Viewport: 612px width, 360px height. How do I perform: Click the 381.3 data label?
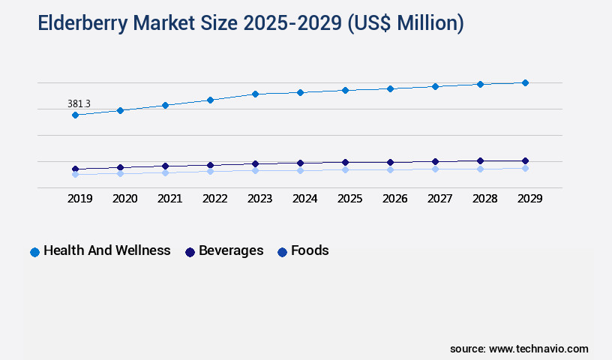click(79, 103)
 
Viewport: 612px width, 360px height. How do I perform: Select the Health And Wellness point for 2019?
click(75, 115)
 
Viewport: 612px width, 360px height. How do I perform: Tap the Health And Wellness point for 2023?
click(255, 94)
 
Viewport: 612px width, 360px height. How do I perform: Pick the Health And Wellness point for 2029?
click(525, 82)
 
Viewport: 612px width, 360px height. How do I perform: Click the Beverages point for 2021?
click(165, 166)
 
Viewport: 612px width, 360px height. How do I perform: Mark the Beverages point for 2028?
click(480, 160)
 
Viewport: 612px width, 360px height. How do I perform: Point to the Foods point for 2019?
click(75, 174)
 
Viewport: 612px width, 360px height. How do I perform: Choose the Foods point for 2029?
click(525, 168)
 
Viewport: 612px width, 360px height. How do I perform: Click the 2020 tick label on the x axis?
click(124, 199)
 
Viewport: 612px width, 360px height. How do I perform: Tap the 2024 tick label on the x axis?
click(304, 199)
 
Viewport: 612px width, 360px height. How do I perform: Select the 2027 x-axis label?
click(439, 199)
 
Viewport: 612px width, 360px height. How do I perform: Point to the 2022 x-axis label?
click(214, 199)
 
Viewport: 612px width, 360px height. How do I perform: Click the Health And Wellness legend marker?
click(34, 252)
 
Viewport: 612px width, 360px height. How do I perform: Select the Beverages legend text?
click(231, 250)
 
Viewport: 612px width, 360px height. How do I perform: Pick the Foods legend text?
click(310, 250)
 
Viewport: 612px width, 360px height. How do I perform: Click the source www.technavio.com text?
click(519, 349)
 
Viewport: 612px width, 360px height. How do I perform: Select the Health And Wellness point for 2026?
click(390, 88)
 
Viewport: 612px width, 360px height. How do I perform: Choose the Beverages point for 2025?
click(345, 162)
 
